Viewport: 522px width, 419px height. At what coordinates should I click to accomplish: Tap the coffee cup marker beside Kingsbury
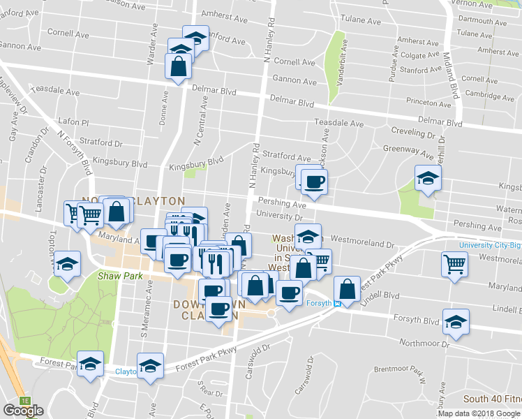314,183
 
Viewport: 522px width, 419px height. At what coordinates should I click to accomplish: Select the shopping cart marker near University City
454,265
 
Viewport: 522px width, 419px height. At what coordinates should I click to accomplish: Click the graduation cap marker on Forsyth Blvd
456,322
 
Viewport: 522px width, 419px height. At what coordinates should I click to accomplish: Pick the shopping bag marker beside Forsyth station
347,289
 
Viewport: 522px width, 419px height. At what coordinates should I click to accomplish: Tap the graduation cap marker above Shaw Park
68,263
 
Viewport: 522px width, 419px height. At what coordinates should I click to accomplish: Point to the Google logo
24,411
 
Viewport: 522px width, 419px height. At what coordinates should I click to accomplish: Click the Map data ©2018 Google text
479,413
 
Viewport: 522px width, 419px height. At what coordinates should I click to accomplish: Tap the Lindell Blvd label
498,308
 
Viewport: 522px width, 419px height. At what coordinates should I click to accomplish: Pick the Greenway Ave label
408,149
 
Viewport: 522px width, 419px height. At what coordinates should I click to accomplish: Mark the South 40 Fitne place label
493,399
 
